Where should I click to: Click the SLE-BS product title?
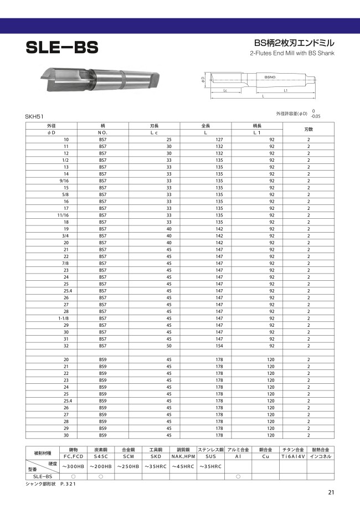[x=61, y=48]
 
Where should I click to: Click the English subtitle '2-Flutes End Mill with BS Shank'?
[x=292, y=54]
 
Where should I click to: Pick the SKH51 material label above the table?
[x=34, y=117]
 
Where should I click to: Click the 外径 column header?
[x=51, y=127]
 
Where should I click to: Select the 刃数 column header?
[x=308, y=130]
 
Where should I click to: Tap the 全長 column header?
[x=205, y=127]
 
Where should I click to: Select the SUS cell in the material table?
[x=210, y=456]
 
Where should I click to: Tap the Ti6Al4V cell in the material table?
[x=292, y=456]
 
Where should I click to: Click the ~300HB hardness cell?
[x=73, y=466]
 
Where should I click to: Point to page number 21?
[x=331, y=492]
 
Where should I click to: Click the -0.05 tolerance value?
[x=316, y=116]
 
